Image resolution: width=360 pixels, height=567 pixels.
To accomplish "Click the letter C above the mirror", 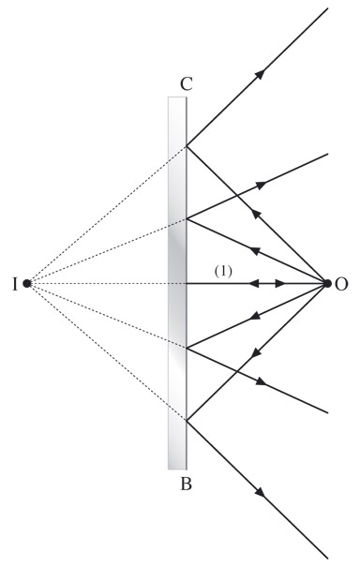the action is point(187,84).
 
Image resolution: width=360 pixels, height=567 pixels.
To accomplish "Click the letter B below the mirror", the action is point(186,484).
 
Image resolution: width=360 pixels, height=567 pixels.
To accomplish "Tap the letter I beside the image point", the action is point(15,285).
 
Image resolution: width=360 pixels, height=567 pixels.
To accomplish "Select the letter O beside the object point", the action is point(341,285).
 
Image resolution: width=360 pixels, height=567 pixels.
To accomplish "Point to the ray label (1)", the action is point(223,271).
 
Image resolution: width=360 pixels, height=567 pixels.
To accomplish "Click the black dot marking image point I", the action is point(26,283).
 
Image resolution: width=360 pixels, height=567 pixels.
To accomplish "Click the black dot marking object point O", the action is point(327,283).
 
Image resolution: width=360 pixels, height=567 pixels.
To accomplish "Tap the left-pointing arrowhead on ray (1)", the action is point(253,283).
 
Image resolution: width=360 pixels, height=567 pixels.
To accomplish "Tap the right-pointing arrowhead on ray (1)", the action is point(280,283).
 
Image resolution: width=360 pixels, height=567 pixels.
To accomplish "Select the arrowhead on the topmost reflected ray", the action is point(260,74).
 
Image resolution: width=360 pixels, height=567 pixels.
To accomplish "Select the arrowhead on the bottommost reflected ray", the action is point(260,492).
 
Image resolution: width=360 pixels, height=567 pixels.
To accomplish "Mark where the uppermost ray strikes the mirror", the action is point(187,145).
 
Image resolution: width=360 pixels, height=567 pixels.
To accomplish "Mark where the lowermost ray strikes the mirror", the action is point(187,421).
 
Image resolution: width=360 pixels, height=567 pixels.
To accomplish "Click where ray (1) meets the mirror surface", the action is point(187,283).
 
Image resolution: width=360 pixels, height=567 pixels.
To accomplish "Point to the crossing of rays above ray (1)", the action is point(237,196).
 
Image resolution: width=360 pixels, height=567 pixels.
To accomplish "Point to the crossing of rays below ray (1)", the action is point(237,370).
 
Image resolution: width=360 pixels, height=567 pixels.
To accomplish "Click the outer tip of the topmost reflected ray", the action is point(327,7).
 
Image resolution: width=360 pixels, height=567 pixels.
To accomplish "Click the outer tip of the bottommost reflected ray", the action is point(327,560).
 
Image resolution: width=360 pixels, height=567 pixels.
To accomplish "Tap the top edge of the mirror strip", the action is point(177,97).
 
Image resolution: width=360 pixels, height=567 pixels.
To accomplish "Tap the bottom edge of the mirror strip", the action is point(177,470).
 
